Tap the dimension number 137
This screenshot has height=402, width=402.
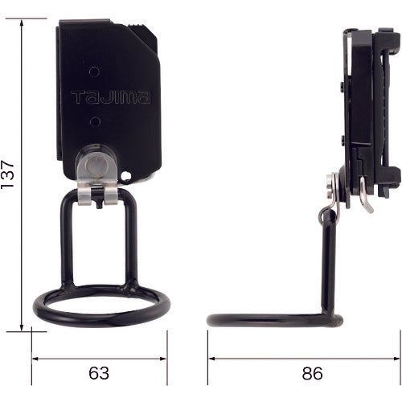coord(9,174)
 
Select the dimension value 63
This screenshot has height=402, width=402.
coord(99,374)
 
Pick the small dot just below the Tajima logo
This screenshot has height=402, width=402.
coord(94,121)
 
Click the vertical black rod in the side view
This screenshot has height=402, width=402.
coord(329,265)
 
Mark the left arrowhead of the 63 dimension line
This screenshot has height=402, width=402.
coord(35,359)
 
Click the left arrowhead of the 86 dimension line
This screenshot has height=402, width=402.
coord(211,359)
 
